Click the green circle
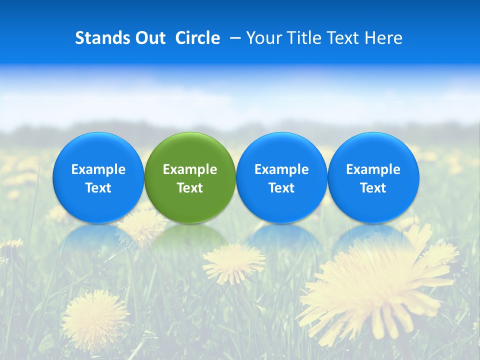pos(190,177)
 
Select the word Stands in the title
pos(102,38)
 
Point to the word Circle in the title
pos(197,38)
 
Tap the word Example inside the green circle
pos(190,169)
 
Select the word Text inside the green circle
pos(190,188)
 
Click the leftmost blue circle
pos(98,177)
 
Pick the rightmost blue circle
pos(373,177)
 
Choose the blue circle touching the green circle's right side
pos(281,177)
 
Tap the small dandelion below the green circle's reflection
pos(233,262)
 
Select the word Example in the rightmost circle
pos(373,169)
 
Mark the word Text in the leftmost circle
pos(98,188)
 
